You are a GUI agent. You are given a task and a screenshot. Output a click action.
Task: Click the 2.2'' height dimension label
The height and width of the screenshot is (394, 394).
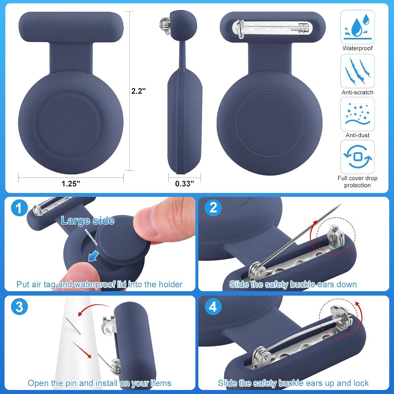pos(138,91)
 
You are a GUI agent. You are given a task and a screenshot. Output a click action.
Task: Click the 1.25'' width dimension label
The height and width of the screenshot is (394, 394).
pos(71,183)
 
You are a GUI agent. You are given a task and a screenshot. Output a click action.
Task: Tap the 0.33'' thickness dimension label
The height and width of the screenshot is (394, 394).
pos(184,183)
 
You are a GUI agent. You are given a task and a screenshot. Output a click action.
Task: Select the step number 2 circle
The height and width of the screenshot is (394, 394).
pos(213,208)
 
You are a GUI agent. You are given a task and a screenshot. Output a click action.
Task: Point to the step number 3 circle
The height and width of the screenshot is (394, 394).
pos(19,307)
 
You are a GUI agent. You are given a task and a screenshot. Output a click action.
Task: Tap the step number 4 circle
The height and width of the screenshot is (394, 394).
pos(213,307)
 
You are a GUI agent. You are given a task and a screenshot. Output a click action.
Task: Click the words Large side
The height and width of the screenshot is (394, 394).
pos(87,221)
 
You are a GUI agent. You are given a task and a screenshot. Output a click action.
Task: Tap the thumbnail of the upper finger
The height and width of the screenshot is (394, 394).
pos(144,223)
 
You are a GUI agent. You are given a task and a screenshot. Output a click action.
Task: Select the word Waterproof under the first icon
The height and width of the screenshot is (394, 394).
pos(357,48)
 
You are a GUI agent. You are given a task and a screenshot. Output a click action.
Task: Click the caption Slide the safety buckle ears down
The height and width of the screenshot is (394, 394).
pos(293,284)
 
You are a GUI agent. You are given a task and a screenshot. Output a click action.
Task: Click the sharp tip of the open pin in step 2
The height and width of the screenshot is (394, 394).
pos(340,205)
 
